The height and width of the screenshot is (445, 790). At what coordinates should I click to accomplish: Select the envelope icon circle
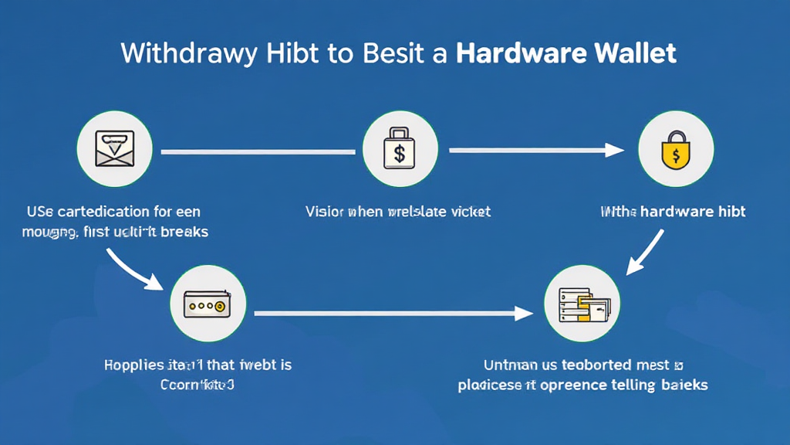point(115,148)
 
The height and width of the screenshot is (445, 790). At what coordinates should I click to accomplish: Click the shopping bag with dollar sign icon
point(400,149)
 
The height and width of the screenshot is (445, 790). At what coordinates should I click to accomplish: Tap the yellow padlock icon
point(676,149)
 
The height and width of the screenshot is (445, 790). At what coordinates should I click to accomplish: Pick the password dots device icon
point(207,304)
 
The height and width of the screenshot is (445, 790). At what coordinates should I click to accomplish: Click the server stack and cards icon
point(584,305)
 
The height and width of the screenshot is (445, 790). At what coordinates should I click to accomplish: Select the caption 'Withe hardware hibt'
point(673,211)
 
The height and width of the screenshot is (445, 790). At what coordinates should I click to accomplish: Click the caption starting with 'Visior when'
point(398,211)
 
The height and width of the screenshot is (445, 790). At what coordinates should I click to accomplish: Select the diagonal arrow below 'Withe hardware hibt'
point(647,251)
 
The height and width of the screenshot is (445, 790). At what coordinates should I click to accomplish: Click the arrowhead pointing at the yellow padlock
point(617,150)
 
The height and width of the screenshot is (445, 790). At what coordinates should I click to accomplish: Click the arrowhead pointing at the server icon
point(526,314)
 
